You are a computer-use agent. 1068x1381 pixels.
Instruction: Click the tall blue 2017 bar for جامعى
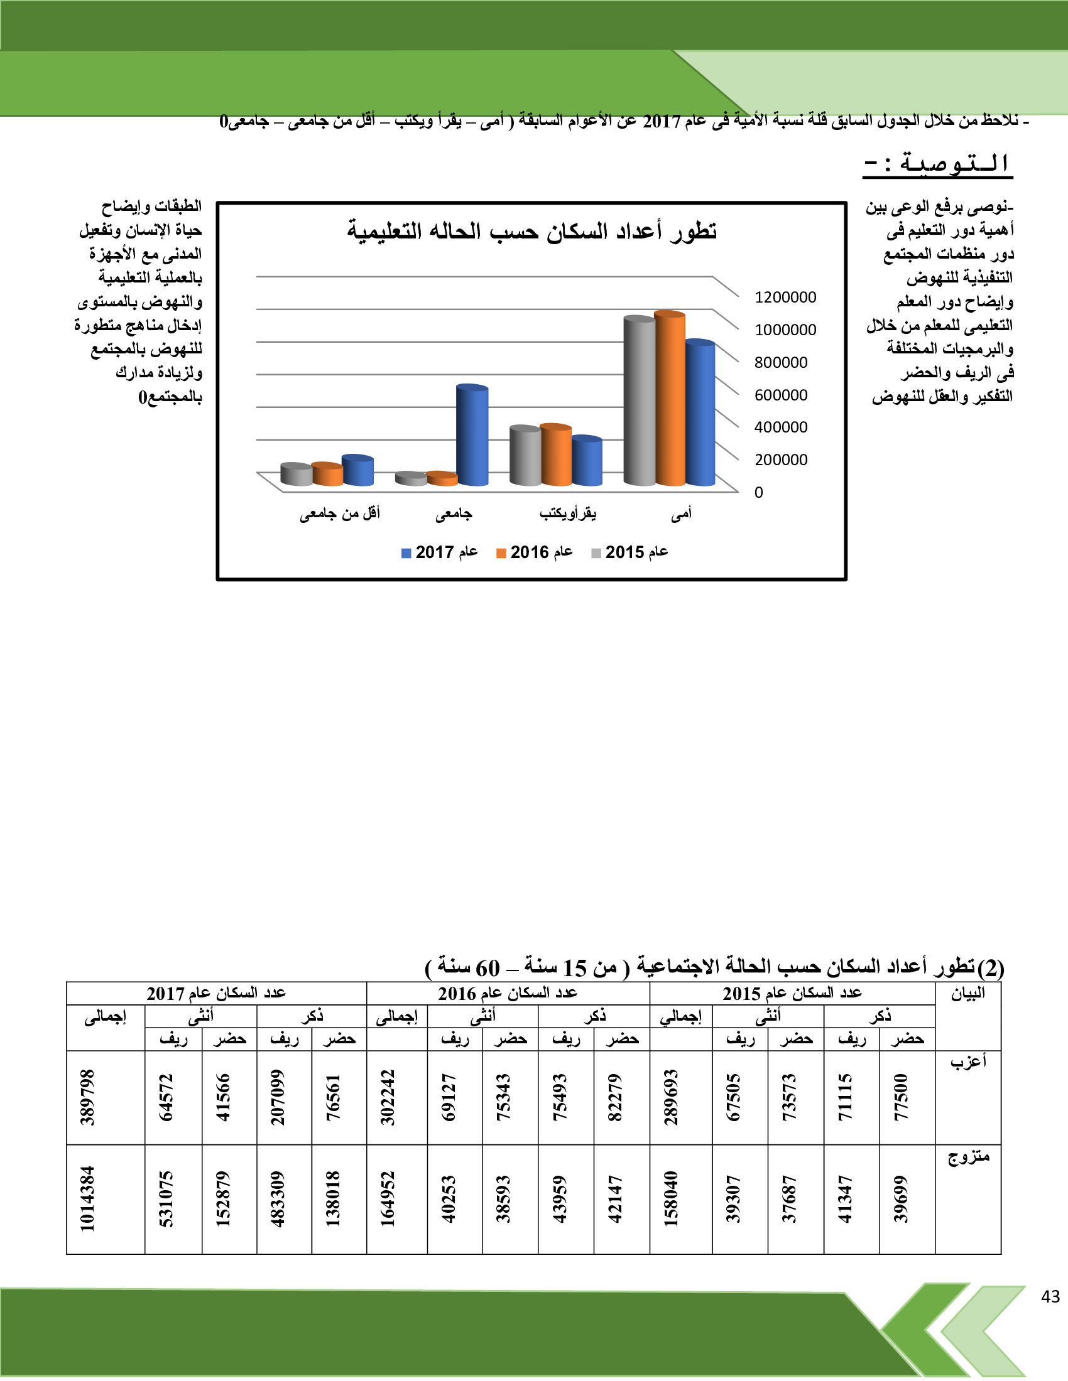point(472,436)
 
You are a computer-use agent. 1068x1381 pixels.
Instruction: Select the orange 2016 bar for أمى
point(670,399)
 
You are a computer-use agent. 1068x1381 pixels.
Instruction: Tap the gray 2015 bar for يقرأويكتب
point(525,456)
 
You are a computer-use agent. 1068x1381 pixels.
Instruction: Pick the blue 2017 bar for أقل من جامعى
point(357,471)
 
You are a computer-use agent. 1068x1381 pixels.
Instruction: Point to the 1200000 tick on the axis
point(785,297)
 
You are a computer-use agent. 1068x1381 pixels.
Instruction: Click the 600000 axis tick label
point(781,395)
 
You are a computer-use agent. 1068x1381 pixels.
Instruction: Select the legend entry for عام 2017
point(440,552)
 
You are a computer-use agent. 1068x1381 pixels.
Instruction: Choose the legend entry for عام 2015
point(629,552)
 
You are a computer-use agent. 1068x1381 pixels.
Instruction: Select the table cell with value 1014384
point(87,1199)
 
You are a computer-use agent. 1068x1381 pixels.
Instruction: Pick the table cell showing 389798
point(87,1098)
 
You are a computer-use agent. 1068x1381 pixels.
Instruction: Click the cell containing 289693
point(672,1098)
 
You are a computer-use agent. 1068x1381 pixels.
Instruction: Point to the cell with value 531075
point(166,1199)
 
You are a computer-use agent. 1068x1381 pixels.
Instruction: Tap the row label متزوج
point(968,1157)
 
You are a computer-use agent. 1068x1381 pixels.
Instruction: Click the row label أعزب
point(968,1061)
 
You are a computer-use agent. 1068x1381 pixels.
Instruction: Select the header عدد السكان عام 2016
point(508,994)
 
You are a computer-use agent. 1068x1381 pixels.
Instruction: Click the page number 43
point(1050,1297)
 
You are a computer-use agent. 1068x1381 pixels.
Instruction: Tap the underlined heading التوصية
point(938,164)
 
